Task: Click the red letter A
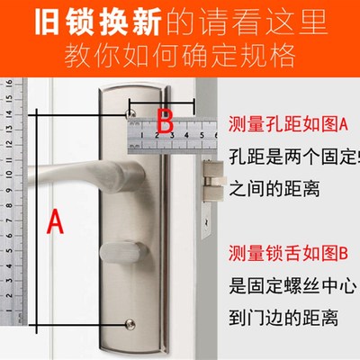pos(56,220)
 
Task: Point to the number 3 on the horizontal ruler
pos(171,134)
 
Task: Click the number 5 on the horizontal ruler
pos(201,134)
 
